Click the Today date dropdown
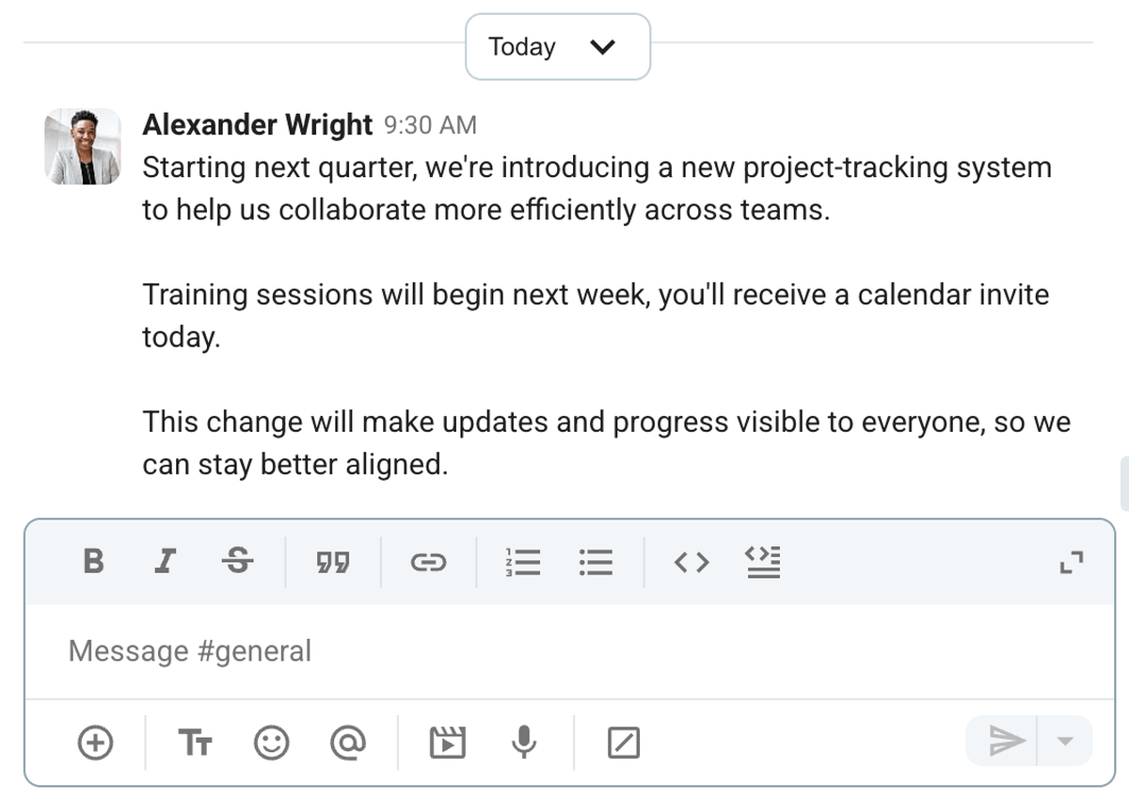[557, 47]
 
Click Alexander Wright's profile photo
[83, 146]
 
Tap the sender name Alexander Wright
[257, 124]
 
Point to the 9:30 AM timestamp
[430, 125]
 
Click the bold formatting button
[93, 562]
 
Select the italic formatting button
[166, 562]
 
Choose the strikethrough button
[238, 562]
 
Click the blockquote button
[332, 562]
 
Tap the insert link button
[428, 562]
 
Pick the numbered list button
[523, 562]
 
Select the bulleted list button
[596, 562]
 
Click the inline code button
[692, 562]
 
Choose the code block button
[764, 562]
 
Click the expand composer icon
[1072, 562]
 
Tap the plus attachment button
[94, 744]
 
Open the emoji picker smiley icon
[272, 744]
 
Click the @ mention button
[348, 744]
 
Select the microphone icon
[524, 744]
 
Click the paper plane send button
[1007, 742]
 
